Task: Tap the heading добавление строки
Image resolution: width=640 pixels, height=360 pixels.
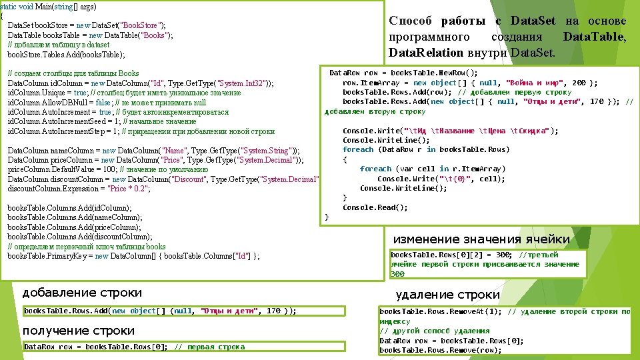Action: pyautogui.click(x=82, y=293)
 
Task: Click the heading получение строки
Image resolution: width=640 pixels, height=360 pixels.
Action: pyautogui.click(x=78, y=331)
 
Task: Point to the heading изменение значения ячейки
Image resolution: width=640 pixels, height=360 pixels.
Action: pyautogui.click(x=481, y=239)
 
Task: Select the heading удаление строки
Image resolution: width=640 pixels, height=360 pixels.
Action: pyautogui.click(x=447, y=294)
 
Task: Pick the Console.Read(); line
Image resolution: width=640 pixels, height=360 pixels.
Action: pyautogui.click(x=375, y=207)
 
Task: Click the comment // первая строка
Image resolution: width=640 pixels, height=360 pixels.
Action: pyautogui.click(x=209, y=347)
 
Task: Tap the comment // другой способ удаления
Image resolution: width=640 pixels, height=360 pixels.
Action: pyautogui.click(x=435, y=331)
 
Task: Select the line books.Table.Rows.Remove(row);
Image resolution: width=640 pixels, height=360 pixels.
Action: pyautogui.click(x=440, y=351)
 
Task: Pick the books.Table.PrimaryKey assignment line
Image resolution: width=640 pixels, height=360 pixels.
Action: pyautogui.click(x=133, y=256)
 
